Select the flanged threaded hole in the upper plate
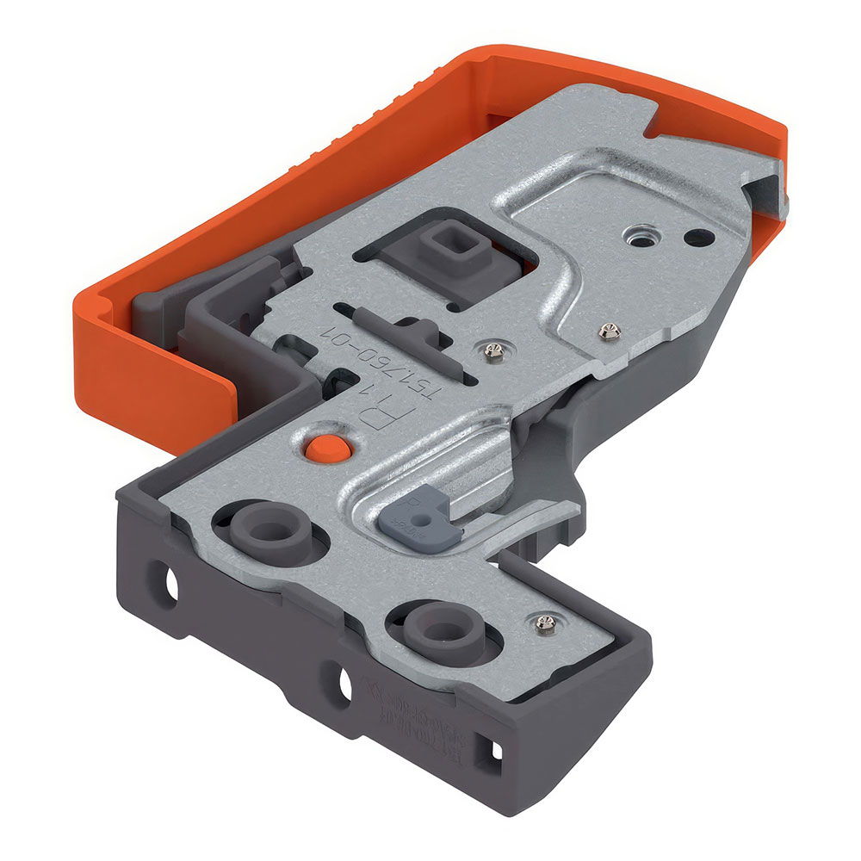pyautogui.click(x=640, y=233)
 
